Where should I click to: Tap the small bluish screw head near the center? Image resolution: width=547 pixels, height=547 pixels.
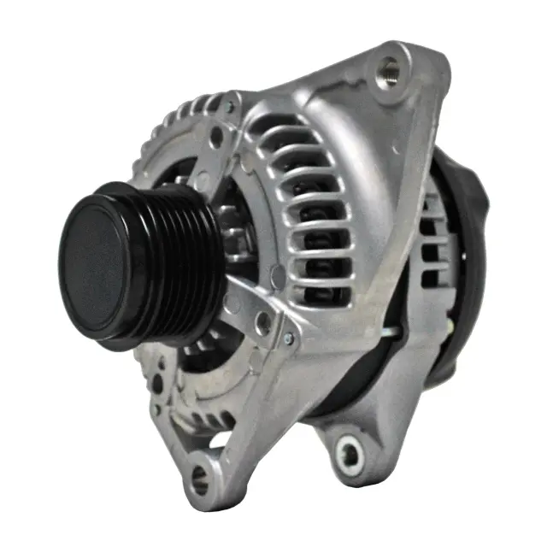coord(288,338)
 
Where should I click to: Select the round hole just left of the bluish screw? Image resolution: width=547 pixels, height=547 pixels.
coord(264,323)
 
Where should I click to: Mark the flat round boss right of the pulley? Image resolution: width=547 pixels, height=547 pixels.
coord(277,275)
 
